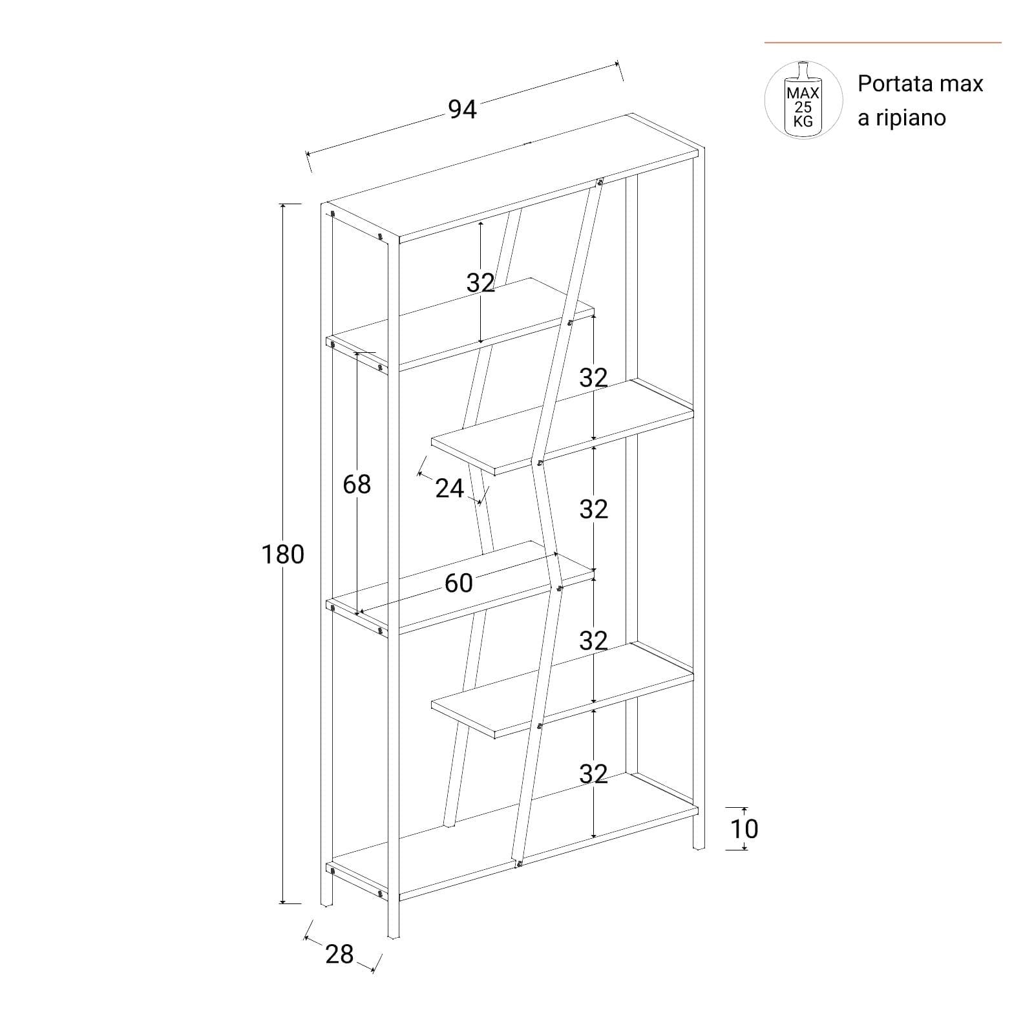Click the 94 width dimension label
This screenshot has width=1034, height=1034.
point(462,109)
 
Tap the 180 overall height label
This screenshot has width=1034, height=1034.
point(282,554)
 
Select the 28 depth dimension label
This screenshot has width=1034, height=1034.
point(339,954)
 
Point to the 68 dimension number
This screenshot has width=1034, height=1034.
point(357,484)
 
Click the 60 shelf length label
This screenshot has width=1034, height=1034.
point(458,583)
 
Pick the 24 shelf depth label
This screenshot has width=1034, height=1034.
point(449,489)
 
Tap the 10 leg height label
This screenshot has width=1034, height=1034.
point(744,828)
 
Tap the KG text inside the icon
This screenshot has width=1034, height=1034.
point(803,121)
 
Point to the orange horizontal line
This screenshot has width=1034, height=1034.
point(883,43)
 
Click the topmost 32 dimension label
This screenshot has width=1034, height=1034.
point(480,282)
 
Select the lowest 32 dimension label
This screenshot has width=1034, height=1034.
point(593,773)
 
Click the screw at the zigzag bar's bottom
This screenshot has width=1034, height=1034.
point(518,864)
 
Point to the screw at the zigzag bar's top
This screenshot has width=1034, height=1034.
point(600,183)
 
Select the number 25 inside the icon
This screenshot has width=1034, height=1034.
point(803,107)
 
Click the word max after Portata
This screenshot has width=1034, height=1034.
point(962,84)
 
